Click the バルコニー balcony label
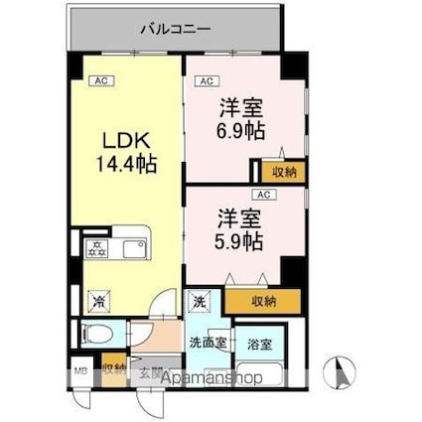(175, 29)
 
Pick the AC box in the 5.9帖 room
(263, 196)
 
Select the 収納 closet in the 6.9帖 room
(283, 172)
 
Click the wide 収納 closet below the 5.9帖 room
(263, 300)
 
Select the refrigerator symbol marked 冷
(97, 295)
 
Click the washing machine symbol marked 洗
(199, 302)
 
